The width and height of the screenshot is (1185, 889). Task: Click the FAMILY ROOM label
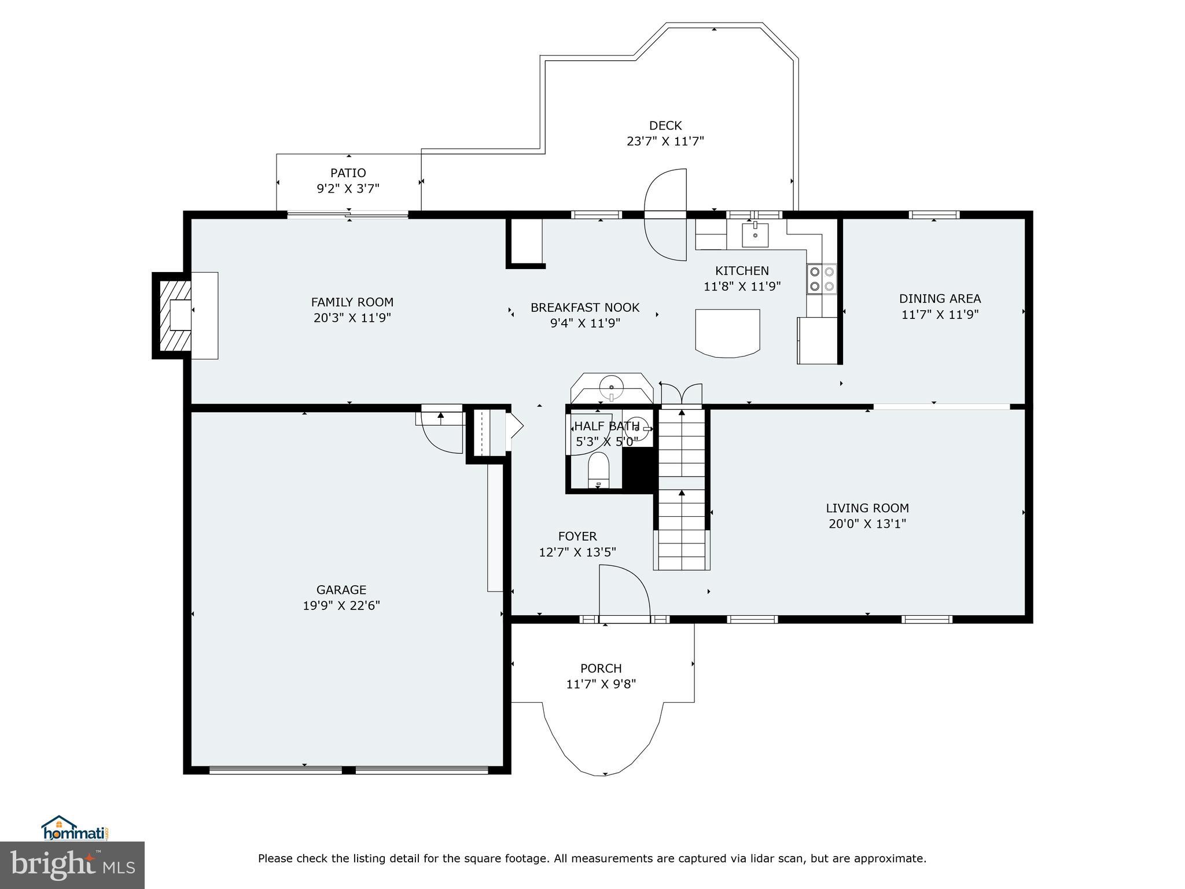352,302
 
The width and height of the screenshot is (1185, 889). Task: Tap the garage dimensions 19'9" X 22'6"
341,605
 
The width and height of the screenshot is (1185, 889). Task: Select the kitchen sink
755,234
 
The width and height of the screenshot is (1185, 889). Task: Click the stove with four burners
822,279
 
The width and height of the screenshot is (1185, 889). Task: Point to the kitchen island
727,332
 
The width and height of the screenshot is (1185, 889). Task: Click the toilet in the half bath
599,469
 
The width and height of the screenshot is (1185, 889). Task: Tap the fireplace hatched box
175,315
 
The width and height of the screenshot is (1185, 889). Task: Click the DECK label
665,126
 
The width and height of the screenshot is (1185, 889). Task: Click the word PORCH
601,668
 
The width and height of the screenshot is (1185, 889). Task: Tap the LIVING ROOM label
867,508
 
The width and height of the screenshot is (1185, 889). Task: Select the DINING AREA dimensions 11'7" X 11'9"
940,314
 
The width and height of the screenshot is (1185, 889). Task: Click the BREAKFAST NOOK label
585,308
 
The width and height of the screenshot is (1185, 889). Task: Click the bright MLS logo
72,865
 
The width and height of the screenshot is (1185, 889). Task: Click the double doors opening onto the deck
665,214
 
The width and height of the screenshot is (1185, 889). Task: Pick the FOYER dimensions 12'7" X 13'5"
577,552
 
